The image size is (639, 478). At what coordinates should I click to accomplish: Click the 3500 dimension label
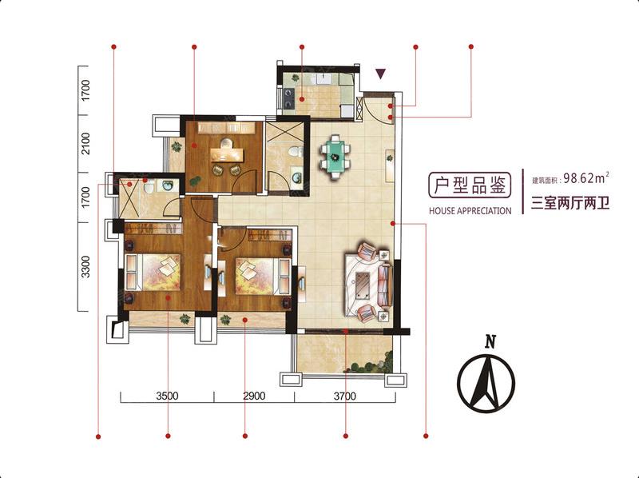pyautogui.click(x=167, y=396)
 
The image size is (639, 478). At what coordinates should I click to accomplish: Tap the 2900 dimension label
pyautogui.click(x=254, y=396)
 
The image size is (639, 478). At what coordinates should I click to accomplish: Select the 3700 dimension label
pyautogui.click(x=345, y=396)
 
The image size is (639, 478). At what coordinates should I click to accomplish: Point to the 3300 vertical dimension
pyautogui.click(x=85, y=267)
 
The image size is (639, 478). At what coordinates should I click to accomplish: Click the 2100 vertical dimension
pyautogui.click(x=85, y=144)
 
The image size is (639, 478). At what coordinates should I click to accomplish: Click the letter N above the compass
pyautogui.click(x=490, y=341)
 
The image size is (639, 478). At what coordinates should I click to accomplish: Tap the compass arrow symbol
pyautogui.click(x=486, y=383)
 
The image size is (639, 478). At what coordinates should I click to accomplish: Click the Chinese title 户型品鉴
pyautogui.click(x=470, y=185)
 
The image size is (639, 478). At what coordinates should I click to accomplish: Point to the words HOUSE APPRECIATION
pyautogui.click(x=470, y=211)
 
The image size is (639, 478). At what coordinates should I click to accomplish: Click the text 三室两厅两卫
pyautogui.click(x=570, y=203)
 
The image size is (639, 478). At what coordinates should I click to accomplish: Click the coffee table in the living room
pyautogui.click(x=363, y=284)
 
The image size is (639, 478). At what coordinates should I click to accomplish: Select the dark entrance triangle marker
pyautogui.click(x=381, y=74)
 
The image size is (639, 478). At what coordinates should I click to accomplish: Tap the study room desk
pyautogui.click(x=227, y=155)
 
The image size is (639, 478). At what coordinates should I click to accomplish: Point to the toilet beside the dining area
pyautogui.click(x=295, y=152)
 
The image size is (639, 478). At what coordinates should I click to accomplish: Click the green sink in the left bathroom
pyautogui.click(x=168, y=185)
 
